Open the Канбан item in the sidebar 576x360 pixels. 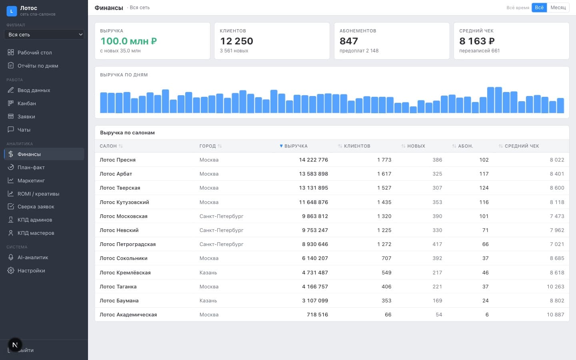[x=26, y=103]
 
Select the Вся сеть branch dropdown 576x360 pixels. [x=44, y=34]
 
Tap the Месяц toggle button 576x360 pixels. [x=558, y=8]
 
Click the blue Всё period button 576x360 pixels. [x=539, y=8]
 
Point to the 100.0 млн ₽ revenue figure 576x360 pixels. [x=128, y=41]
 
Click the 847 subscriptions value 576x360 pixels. [x=349, y=41]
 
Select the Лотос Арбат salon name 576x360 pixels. [x=116, y=174]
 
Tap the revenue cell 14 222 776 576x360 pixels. [x=314, y=160]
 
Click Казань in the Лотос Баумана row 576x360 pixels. [x=208, y=301]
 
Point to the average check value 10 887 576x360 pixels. [x=556, y=314]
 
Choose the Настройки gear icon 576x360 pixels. [x=10, y=270]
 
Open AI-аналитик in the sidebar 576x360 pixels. [x=33, y=258]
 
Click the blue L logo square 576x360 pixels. [x=12, y=11]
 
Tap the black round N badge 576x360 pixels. [x=15, y=345]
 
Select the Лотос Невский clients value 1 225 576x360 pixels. [x=384, y=230]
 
